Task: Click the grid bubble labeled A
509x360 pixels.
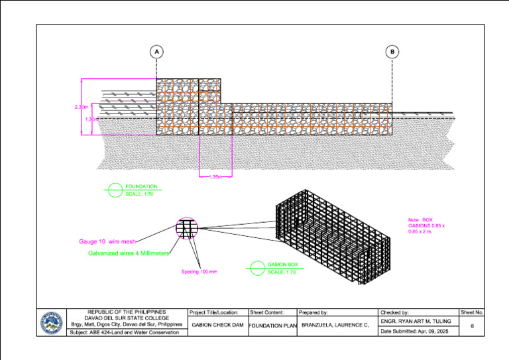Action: coord(156,52)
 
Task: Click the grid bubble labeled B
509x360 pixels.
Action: coord(392,52)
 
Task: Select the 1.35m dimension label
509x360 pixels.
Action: coord(215,176)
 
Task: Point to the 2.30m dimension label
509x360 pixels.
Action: coord(81,106)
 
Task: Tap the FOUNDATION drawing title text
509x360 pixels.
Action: coord(141,187)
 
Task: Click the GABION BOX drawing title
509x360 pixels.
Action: coord(283,265)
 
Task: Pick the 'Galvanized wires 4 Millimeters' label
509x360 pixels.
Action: coord(129,253)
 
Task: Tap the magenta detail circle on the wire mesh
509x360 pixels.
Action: coord(187,228)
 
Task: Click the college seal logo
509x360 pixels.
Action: coord(53,323)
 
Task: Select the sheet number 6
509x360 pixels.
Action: coord(471,326)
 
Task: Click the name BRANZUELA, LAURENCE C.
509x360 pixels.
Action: coord(335,326)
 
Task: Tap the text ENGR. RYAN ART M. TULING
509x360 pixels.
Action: coord(416,321)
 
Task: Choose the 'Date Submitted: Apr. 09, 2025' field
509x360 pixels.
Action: coord(415,331)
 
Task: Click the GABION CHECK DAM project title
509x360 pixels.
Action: coord(217,326)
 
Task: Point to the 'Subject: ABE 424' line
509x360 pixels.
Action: coord(125,332)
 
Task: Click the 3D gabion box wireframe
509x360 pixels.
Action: coord(331,235)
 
